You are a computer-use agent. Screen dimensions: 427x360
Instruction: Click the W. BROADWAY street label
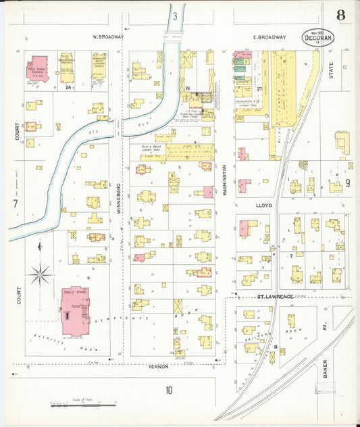point(108,37)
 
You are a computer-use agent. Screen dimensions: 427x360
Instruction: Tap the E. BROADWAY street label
point(269,38)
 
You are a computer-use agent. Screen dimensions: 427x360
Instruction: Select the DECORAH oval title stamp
point(317,38)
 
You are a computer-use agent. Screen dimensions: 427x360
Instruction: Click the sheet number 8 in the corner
point(341,15)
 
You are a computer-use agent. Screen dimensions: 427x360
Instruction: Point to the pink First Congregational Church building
point(38,68)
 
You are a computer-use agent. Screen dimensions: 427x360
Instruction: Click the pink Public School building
point(74,311)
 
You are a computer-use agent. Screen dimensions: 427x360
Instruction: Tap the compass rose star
point(40,274)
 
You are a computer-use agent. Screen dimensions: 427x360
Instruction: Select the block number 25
point(68,87)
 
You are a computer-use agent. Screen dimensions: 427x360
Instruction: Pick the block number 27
point(258,89)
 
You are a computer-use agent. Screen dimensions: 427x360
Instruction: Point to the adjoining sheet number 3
point(174,16)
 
